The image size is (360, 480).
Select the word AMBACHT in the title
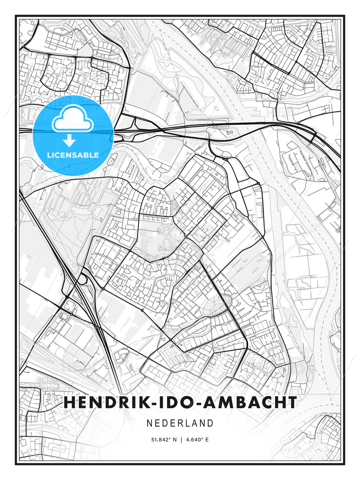250,402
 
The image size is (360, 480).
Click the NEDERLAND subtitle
180,423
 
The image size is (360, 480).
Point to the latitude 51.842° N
164,440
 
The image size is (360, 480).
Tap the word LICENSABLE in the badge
73,155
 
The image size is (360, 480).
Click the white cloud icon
72,119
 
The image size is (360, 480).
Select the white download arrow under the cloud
69,141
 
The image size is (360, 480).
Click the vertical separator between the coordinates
181,440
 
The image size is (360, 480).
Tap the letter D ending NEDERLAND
210,423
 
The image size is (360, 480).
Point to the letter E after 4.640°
207,440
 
